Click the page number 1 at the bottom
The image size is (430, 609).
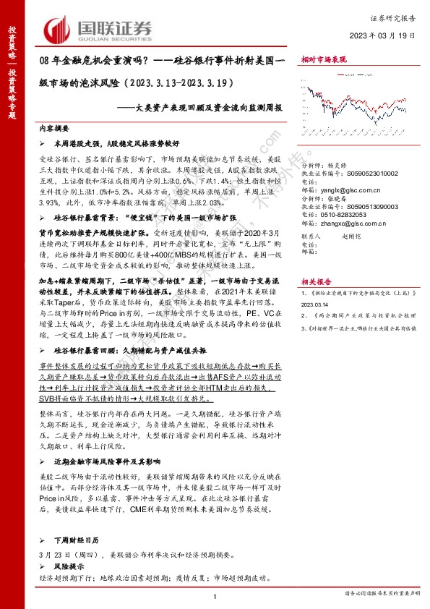(215, 595)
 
